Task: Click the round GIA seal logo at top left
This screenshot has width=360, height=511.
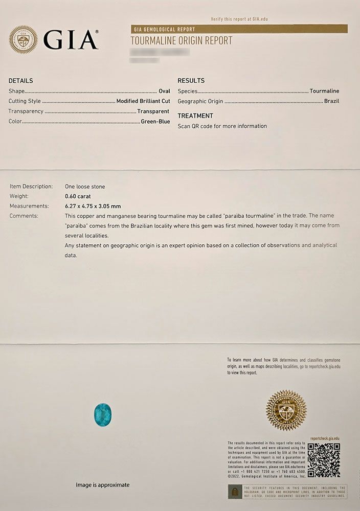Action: click(23, 40)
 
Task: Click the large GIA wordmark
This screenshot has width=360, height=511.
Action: click(71, 40)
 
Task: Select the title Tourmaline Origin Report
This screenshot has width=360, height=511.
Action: click(182, 40)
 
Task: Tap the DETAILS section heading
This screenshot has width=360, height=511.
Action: click(21, 81)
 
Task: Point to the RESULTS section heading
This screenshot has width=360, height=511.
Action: click(191, 81)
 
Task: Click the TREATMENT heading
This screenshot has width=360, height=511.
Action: click(195, 116)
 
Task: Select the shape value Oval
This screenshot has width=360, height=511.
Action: click(164, 91)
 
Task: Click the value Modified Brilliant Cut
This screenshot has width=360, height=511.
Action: click(143, 101)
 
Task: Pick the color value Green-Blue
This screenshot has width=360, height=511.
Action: click(155, 122)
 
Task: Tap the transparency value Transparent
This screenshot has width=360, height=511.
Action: click(153, 111)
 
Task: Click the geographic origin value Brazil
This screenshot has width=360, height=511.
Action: click(331, 101)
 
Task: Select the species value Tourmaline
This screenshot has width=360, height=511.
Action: click(324, 91)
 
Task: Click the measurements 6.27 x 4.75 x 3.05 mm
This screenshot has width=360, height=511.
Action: click(93, 206)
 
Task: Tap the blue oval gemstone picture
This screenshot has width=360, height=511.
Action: click(103, 413)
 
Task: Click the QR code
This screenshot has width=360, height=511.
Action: click(324, 460)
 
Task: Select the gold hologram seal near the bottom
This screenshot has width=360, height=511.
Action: click(286, 410)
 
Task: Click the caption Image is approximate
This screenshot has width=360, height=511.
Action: click(103, 484)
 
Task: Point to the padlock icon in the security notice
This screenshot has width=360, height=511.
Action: click(235, 492)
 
